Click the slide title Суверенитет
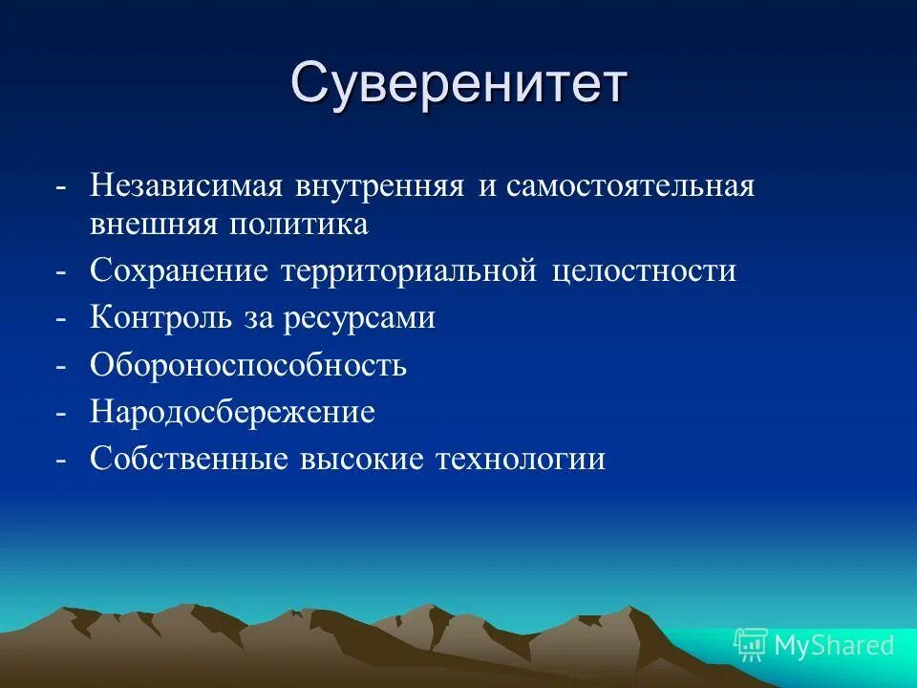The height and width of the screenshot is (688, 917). click(x=458, y=84)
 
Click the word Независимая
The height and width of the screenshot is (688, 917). click(x=186, y=185)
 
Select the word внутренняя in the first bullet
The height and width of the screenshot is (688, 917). click(x=380, y=185)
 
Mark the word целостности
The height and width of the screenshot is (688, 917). click(x=645, y=271)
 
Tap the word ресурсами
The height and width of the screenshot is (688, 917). click(x=359, y=318)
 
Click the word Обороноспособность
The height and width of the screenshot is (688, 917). click(x=248, y=365)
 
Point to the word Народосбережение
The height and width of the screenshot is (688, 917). click(x=232, y=413)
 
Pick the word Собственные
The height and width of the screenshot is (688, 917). click(x=189, y=460)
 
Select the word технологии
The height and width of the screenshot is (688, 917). click(x=521, y=460)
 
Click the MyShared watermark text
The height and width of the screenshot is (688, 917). click(x=834, y=645)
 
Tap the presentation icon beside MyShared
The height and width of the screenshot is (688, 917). click(x=750, y=645)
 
